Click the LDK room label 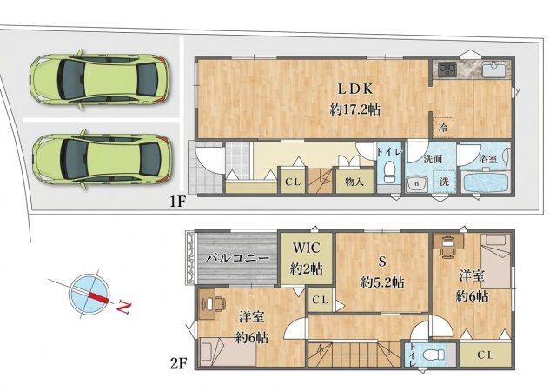coord(355,89)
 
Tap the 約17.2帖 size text coord(355,109)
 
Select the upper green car coord(100,79)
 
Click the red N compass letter coord(123,307)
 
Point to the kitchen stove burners coord(447,69)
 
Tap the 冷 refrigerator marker coord(443,128)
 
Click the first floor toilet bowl coord(389,172)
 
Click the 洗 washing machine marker coord(444,182)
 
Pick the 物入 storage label coord(354,182)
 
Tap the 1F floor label coord(178,202)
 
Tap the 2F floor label coord(178,364)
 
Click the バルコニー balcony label coord(237,258)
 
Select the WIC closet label coord(307,248)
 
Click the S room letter coord(382,262)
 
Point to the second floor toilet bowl coord(434,355)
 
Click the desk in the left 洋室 coord(212,304)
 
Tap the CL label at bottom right coord(485,355)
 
